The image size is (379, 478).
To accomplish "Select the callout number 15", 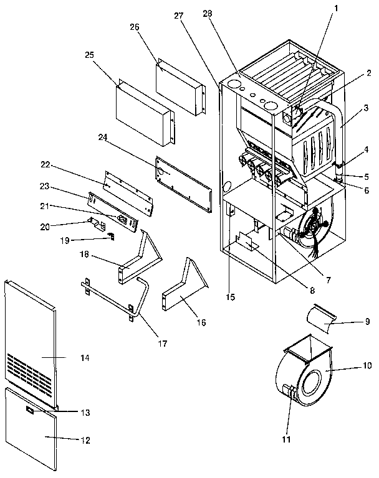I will pos(230,298).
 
